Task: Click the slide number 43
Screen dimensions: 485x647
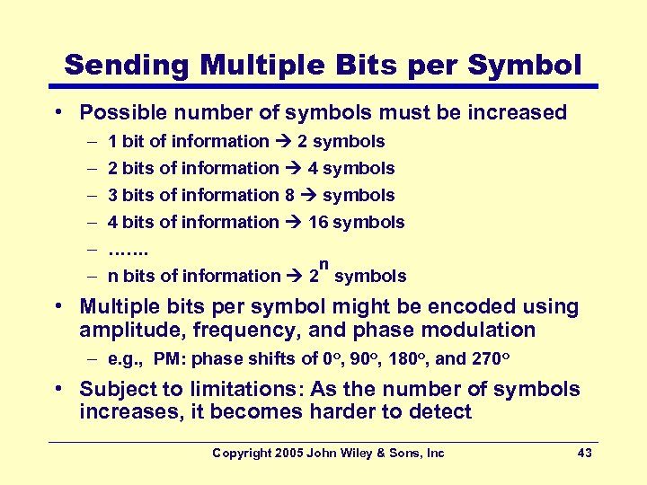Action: [584, 453]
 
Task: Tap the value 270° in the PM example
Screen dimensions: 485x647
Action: [491, 359]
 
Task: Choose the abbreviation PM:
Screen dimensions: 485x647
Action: [170, 359]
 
